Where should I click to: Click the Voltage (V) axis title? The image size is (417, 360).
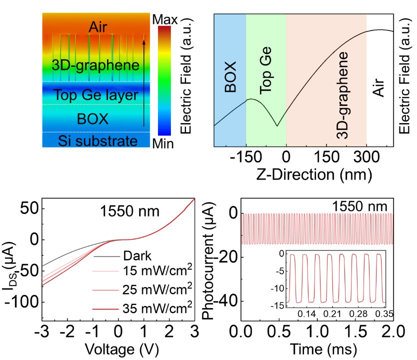tap(118, 348)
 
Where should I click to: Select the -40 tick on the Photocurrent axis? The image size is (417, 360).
tap(227, 301)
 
